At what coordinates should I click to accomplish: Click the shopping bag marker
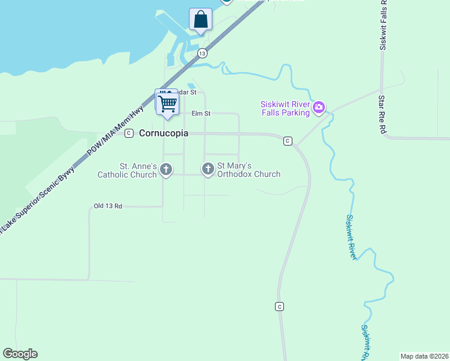[200, 19]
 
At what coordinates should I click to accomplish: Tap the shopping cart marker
[167, 103]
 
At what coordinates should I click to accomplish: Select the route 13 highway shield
[202, 54]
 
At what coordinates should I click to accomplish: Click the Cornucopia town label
[164, 133]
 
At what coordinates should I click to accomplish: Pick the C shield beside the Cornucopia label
[129, 134]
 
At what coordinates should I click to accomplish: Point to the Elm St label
[201, 113]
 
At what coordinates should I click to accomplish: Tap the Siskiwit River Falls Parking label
[285, 108]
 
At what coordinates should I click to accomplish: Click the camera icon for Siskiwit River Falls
[319, 108]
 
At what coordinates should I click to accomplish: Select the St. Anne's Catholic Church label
[129, 170]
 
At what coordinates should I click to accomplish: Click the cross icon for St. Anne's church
[167, 170]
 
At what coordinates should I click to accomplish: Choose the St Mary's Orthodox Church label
[248, 170]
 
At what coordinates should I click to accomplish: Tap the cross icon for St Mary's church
[208, 170]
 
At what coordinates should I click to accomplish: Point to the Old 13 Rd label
[108, 206]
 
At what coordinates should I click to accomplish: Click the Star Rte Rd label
[381, 114]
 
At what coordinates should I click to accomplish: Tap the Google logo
[20, 354]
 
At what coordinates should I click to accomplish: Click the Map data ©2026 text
[424, 356]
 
